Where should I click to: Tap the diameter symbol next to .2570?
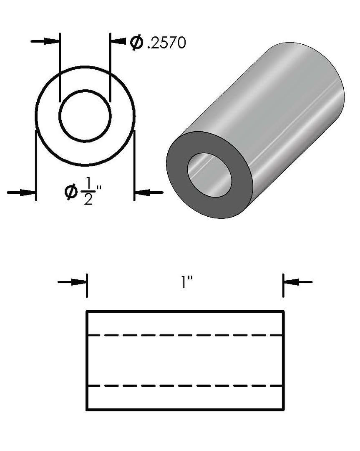[x=136, y=43]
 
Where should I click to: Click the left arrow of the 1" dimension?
[x=73, y=282]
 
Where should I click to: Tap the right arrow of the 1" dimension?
[x=297, y=282]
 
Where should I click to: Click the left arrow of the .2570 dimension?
[x=46, y=41]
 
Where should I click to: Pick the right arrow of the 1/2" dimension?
[x=149, y=192]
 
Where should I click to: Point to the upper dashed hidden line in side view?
[x=185, y=335]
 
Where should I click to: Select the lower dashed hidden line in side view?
[x=185, y=385]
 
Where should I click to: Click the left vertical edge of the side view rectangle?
[x=87, y=361]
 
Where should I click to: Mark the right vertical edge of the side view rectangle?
[x=284, y=361]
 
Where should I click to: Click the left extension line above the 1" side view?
[x=87, y=286]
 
